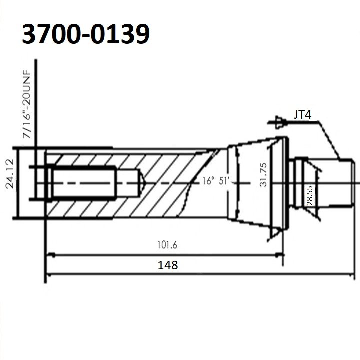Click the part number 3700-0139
86,34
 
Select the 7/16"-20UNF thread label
26,104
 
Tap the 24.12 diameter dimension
10,174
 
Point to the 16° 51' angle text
216,181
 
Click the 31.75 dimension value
263,175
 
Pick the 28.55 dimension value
309,196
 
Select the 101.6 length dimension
167,245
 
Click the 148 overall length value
168,265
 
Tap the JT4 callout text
302,115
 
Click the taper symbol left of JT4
278,122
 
